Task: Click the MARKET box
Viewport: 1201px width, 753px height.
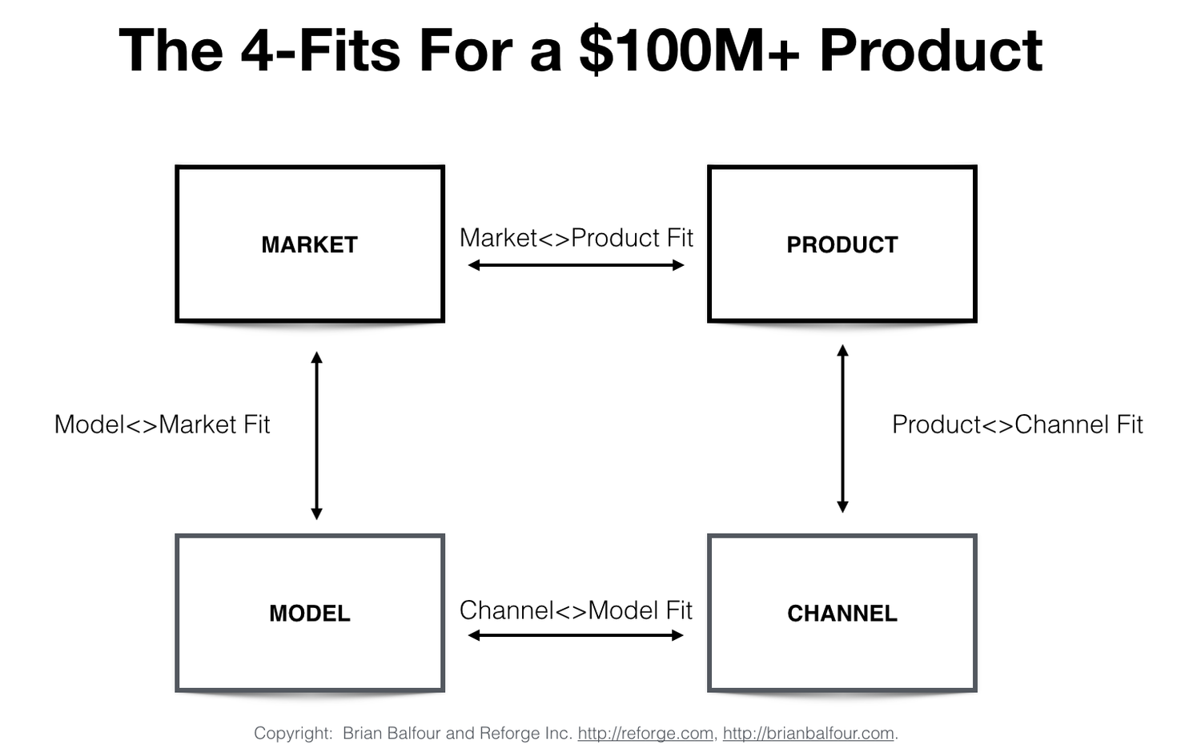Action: tap(310, 244)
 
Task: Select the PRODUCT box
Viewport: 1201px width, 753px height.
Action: tap(842, 244)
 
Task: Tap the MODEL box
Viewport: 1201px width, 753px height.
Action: tap(310, 613)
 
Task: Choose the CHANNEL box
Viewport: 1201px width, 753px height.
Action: tap(842, 613)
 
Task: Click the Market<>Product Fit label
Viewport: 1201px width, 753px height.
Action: tap(576, 238)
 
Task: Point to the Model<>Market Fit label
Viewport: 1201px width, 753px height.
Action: tap(162, 425)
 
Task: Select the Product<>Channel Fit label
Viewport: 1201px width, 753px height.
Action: tap(1017, 425)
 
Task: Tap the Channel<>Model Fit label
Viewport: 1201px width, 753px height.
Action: tap(576, 610)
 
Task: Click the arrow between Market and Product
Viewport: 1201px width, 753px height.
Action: tap(576, 265)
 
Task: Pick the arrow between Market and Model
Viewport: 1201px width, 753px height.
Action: tap(316, 436)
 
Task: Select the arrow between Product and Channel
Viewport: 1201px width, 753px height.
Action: tap(842, 429)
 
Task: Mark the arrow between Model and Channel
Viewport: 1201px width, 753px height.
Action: tap(576, 635)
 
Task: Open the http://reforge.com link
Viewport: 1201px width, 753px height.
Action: tap(645, 733)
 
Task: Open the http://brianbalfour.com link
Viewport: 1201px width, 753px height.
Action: tap(808, 733)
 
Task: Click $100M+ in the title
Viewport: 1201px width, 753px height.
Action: tap(689, 50)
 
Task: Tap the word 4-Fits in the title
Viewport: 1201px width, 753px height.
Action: tap(319, 50)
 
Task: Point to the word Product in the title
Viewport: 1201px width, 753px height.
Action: tap(930, 50)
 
